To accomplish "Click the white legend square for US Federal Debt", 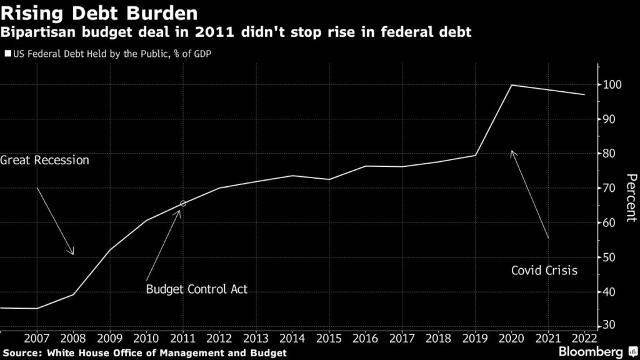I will [x=7, y=54].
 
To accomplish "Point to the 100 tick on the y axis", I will [x=611, y=84].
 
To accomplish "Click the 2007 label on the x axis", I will [x=37, y=338].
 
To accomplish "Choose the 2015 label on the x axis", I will [x=329, y=338].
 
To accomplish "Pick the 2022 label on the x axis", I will [x=584, y=338].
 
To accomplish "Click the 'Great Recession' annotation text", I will [x=45, y=161].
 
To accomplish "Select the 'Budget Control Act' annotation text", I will [x=197, y=289].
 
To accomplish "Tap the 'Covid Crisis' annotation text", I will [x=544, y=271].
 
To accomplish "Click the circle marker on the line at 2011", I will [x=182, y=204].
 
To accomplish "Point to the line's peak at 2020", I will [x=512, y=85].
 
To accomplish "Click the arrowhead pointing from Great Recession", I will [x=72, y=252].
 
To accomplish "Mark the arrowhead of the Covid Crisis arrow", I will [x=512, y=152].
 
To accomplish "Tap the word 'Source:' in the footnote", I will [x=23, y=353].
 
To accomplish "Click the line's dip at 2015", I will [x=329, y=179].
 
